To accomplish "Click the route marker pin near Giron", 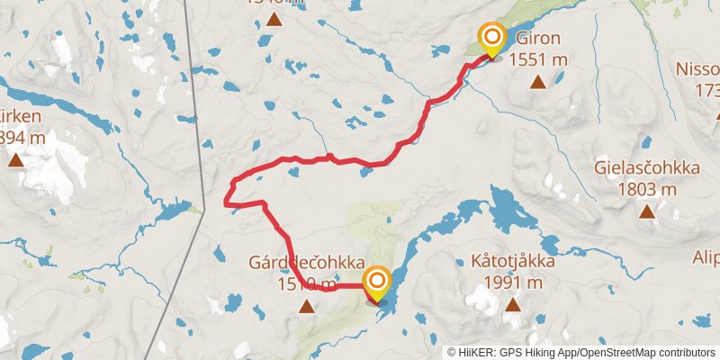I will (x=492, y=39).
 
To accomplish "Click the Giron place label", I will (x=537, y=39).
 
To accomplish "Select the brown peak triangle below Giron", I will (x=537, y=83).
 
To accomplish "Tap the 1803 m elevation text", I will (x=647, y=189).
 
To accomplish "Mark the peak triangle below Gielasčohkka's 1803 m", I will (x=647, y=212).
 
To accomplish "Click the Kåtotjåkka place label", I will (x=512, y=263).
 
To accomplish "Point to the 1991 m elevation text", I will (x=512, y=283).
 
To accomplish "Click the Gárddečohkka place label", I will (x=307, y=263).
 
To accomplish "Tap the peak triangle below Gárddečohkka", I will (x=307, y=307).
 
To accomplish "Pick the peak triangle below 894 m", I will (x=15, y=161).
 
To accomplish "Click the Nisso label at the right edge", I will (x=699, y=69).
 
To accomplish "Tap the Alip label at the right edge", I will (x=706, y=258).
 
